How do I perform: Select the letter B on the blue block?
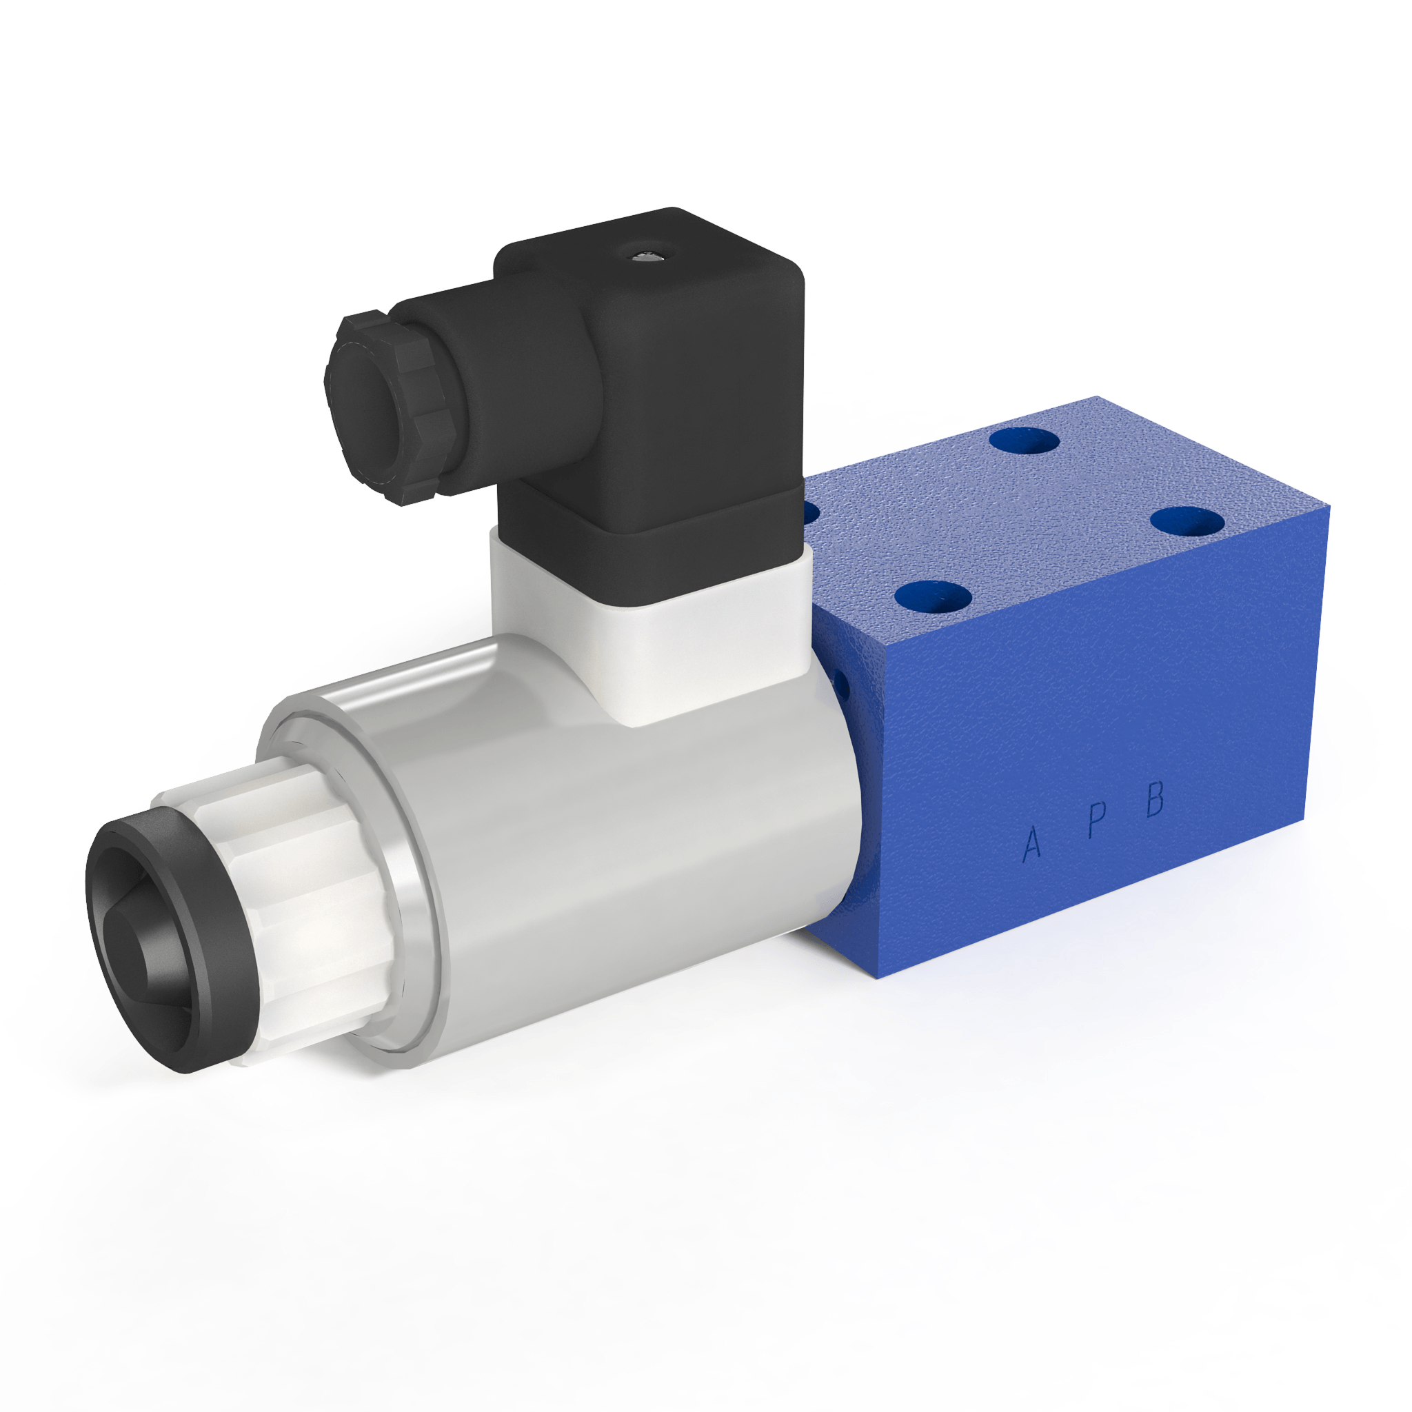click(x=1154, y=798)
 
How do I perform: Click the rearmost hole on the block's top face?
click(x=1024, y=442)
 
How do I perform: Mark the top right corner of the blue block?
click(x=1329, y=509)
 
